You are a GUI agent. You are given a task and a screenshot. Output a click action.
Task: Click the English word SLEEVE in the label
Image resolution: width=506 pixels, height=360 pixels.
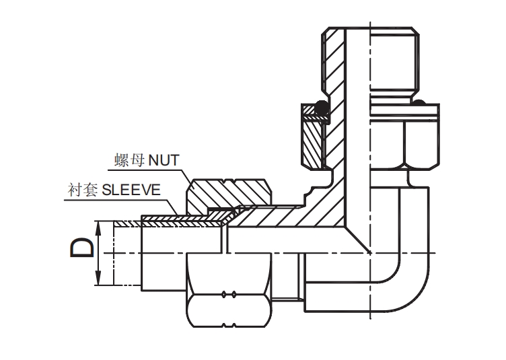pos(130,189)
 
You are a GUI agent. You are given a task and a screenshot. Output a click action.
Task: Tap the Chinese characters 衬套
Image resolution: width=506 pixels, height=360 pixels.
pos(83,190)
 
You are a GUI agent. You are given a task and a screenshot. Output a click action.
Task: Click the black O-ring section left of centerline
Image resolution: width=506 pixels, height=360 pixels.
pos(322,106)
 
